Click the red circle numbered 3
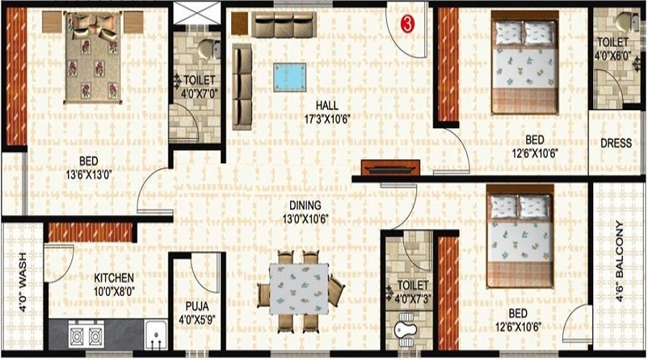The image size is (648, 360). [407, 24]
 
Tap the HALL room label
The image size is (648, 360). [328, 105]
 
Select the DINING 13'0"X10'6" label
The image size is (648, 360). [305, 212]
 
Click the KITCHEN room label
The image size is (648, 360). [114, 278]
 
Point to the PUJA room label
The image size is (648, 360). [197, 307]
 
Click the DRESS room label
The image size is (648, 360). [616, 143]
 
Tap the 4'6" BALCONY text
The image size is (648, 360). [619, 261]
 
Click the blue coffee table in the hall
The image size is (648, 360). [289, 77]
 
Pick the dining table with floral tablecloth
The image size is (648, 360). [300, 289]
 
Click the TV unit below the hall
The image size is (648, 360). [390, 168]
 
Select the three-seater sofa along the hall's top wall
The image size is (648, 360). [284, 24]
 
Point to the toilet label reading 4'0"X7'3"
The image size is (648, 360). [413, 292]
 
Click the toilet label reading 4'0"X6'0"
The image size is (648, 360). [613, 48]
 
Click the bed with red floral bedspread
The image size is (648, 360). [94, 57]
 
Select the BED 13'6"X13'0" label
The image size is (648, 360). [89, 168]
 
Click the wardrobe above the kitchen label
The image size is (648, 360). [91, 233]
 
